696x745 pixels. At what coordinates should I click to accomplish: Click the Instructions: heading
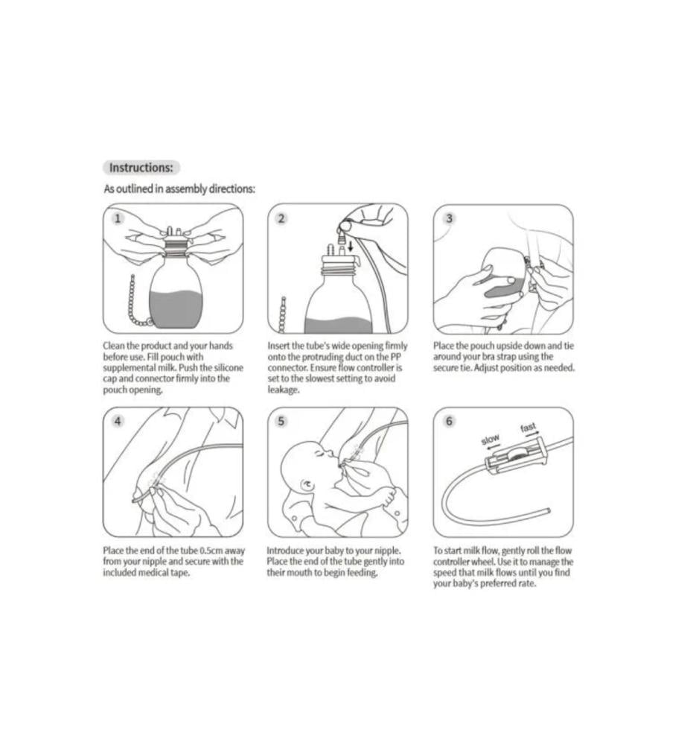141,168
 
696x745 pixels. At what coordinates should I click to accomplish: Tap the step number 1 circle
118,218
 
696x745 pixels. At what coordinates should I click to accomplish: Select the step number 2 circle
281,218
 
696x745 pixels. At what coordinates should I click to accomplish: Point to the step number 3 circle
449,218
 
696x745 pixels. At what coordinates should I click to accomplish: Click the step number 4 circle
118,421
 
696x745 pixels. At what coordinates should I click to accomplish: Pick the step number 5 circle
281,421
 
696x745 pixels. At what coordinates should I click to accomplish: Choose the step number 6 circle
449,421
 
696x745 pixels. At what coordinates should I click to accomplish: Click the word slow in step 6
490,440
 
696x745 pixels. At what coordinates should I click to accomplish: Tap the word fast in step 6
528,428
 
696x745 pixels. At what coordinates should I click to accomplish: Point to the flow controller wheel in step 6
517,454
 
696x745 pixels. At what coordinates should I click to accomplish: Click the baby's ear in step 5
307,486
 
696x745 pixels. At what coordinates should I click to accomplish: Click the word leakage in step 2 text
284,390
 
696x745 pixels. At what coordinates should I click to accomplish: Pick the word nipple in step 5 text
387,551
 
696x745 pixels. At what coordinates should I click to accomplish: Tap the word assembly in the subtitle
186,189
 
